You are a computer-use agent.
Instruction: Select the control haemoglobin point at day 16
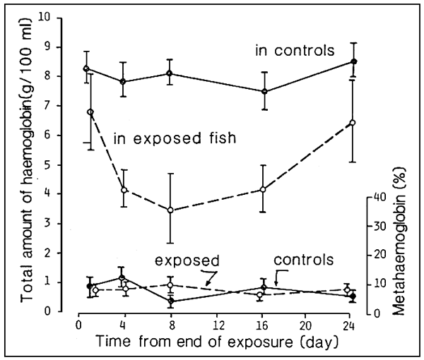pos(264,91)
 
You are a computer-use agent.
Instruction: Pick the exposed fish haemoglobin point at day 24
pos(352,123)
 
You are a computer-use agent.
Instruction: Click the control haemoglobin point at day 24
pos(353,62)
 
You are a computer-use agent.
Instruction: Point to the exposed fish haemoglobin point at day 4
pos(124,190)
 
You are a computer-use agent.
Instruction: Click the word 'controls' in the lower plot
pos(303,259)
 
